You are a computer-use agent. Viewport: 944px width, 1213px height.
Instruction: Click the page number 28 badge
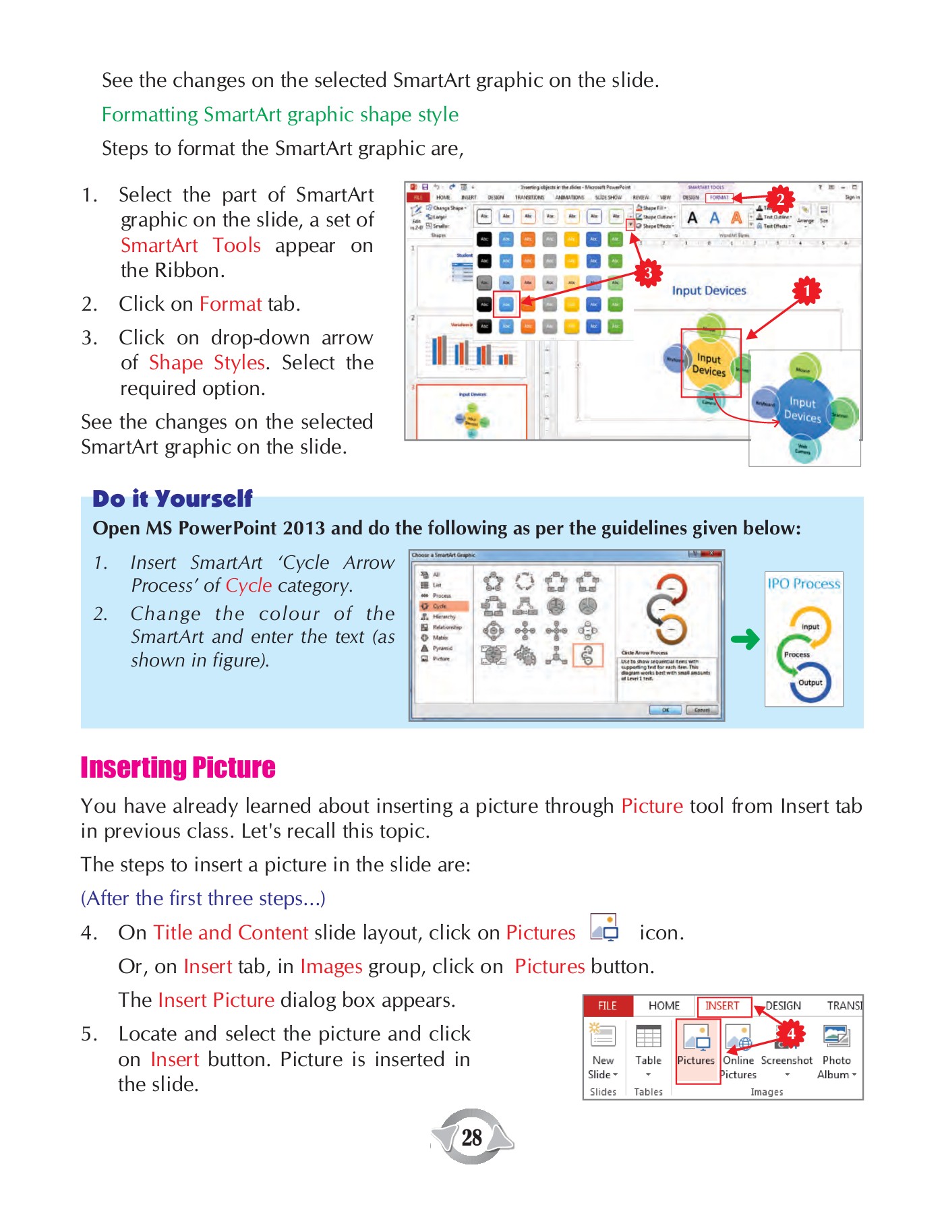[472, 1138]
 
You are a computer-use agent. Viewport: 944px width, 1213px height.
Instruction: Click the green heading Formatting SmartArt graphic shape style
[280, 115]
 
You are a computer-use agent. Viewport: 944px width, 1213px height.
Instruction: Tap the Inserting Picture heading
[178, 768]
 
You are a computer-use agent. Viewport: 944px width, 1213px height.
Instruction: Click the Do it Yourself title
[173, 499]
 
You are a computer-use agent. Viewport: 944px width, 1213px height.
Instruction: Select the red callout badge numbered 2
[779, 199]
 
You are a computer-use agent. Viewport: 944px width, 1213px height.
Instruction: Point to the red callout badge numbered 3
[647, 273]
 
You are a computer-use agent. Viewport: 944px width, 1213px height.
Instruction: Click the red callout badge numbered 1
[806, 291]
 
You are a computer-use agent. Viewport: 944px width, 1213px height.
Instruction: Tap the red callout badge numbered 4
[791, 1034]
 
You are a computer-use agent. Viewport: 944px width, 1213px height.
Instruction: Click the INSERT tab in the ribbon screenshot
[722, 1005]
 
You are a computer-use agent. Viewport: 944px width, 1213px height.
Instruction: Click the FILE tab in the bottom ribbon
[608, 1005]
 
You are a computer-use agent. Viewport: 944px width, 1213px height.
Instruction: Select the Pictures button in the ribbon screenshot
[696, 1049]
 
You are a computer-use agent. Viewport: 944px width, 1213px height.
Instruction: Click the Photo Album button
[837, 1051]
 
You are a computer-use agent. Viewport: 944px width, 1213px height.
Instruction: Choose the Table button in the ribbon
[648, 1049]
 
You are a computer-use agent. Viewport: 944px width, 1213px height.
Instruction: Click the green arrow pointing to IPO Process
[745, 639]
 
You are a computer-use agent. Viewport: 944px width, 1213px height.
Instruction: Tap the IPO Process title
[804, 584]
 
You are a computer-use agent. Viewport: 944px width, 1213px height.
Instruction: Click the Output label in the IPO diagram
[810, 682]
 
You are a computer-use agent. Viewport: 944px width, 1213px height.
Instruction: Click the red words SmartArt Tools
[191, 245]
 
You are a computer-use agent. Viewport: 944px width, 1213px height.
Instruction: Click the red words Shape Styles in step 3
[206, 363]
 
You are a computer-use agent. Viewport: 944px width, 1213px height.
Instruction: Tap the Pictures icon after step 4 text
[604, 928]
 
